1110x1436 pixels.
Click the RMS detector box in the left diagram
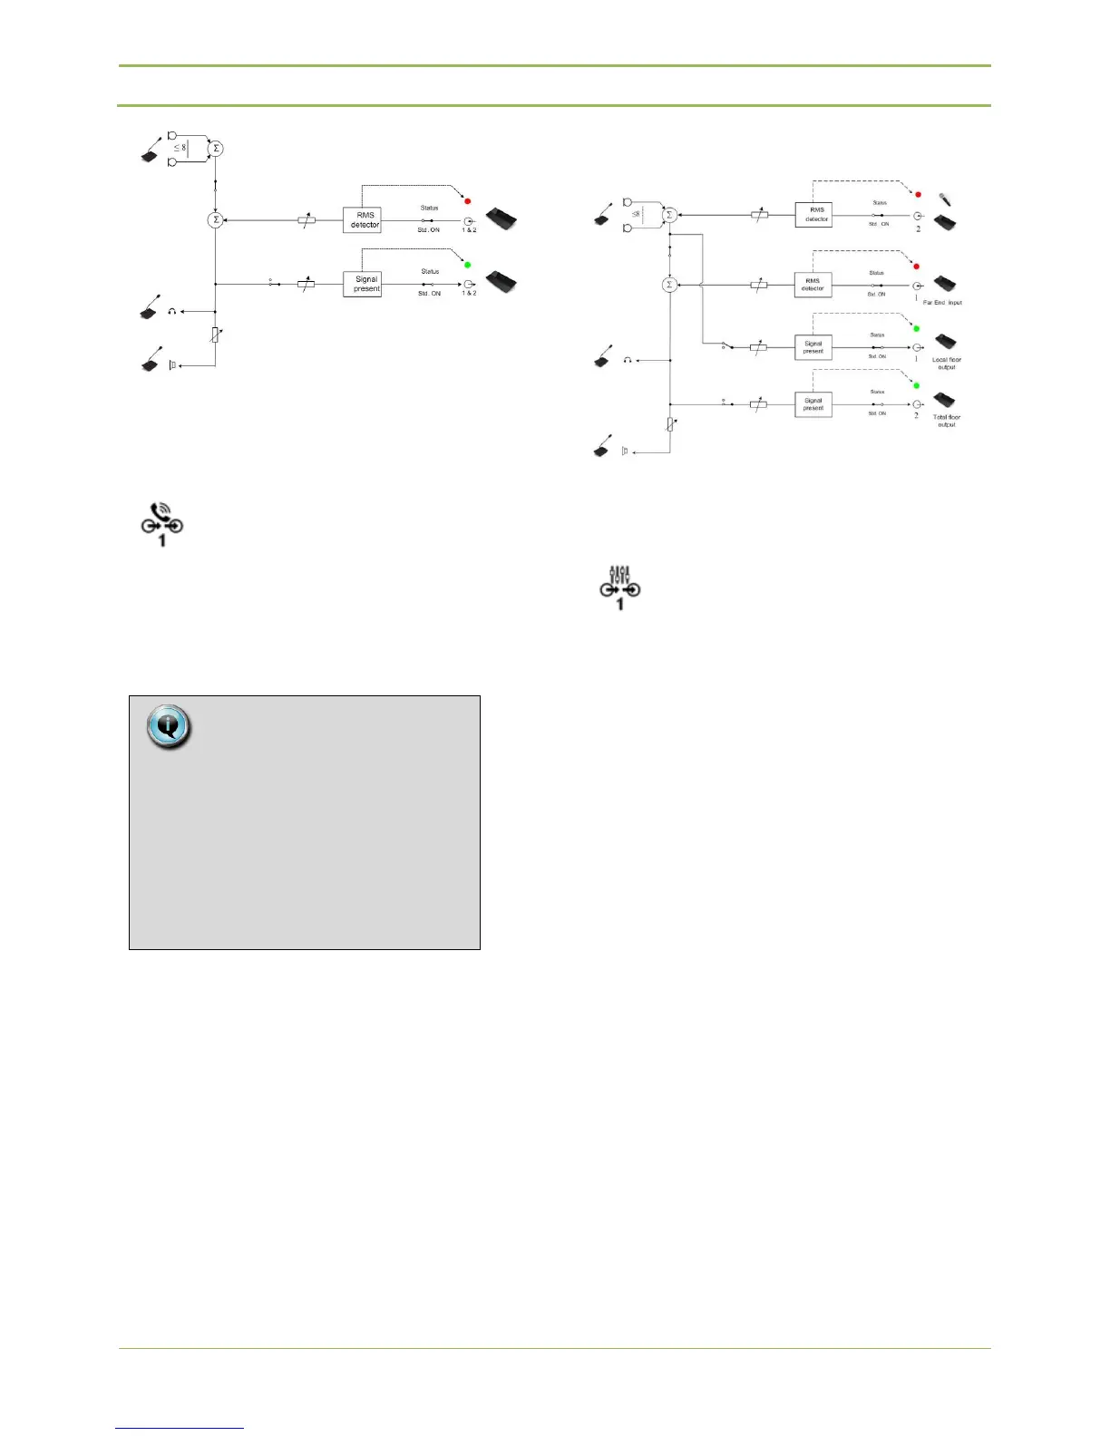pyautogui.click(x=362, y=220)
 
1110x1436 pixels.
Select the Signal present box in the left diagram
pyautogui.click(x=363, y=285)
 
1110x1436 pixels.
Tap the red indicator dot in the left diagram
pyautogui.click(x=468, y=199)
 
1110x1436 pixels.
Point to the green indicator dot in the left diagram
pyautogui.click(x=468, y=264)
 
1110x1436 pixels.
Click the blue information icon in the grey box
pyautogui.click(x=169, y=726)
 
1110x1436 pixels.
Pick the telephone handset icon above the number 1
pyautogui.click(x=160, y=513)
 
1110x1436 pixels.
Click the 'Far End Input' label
pyautogui.click(x=942, y=303)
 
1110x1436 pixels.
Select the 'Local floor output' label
pyautogui.click(x=946, y=364)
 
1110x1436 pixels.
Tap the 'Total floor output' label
pyautogui.click(x=946, y=421)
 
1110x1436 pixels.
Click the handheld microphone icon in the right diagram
pyautogui.click(x=945, y=199)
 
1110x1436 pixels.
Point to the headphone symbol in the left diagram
pyautogui.click(x=171, y=311)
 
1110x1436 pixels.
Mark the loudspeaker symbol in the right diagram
pyautogui.click(x=625, y=451)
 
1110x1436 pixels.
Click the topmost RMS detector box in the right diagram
pyautogui.click(x=813, y=215)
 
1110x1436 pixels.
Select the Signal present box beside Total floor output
pyautogui.click(x=813, y=404)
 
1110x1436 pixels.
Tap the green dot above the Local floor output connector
pyautogui.click(x=916, y=328)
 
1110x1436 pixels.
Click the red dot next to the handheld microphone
pyautogui.click(x=918, y=195)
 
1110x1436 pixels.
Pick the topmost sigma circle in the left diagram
pyautogui.click(x=215, y=149)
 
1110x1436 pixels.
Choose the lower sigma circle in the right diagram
pyautogui.click(x=669, y=285)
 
